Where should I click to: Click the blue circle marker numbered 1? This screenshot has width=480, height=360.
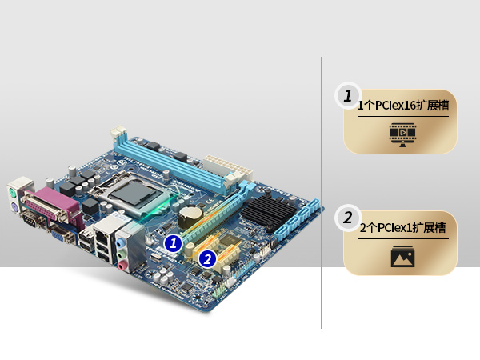[174, 243]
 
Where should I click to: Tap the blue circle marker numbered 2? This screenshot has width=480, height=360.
[207, 259]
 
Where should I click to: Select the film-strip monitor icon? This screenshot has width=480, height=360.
[402, 134]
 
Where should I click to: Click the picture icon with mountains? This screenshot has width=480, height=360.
[402, 257]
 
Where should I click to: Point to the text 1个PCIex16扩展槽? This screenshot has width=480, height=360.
[403, 106]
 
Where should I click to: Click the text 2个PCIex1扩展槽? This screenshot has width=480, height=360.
[402, 228]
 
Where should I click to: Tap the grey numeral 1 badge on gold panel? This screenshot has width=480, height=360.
[348, 95]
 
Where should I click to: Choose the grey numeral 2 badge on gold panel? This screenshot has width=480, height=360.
[348, 218]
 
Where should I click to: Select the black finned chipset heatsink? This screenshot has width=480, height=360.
[269, 210]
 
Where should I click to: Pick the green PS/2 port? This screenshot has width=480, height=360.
[11, 194]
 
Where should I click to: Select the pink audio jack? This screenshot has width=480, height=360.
[122, 265]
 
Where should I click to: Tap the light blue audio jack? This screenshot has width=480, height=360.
[120, 242]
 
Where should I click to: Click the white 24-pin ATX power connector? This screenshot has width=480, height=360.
[228, 168]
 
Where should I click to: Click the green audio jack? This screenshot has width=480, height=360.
[122, 254]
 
